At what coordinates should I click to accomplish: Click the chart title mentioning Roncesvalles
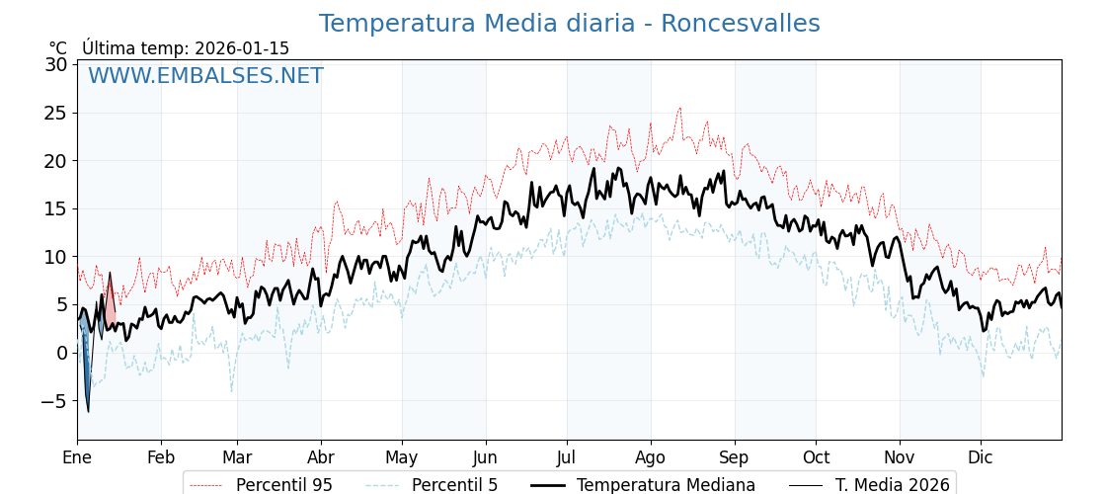coord(569,24)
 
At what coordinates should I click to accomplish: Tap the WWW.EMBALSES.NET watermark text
coord(205,76)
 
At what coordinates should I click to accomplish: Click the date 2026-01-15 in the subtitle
coord(242,48)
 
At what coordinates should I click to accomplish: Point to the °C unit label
coord(58,48)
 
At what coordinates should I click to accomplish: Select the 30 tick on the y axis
coord(56,64)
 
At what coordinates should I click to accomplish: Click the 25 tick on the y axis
coord(56,113)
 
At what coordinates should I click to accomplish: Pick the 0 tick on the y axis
coord(61,353)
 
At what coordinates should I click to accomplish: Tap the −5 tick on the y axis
coord(51,401)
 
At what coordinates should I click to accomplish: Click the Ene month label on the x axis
coord(77,457)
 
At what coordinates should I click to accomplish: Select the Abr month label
coord(321,457)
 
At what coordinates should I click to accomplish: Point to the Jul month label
coord(567,457)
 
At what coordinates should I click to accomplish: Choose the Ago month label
coord(651,457)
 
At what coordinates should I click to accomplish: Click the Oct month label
coord(816,457)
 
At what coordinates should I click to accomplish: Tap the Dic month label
coord(981,457)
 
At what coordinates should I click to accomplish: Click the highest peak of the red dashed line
coord(679,108)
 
